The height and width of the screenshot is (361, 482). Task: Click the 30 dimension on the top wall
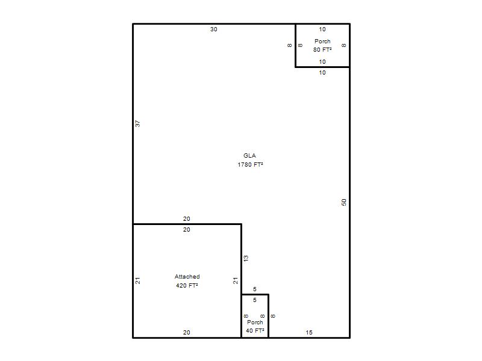214,29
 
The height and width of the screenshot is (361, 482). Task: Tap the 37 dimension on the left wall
138,123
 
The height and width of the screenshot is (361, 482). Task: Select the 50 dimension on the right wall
343,202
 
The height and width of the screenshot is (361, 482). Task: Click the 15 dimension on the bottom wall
309,333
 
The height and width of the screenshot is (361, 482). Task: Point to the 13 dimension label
246,259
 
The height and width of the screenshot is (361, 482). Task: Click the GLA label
249,156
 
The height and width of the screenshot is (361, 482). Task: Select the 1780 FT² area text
250,165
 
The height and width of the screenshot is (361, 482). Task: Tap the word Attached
187,277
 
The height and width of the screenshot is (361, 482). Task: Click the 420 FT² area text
187,286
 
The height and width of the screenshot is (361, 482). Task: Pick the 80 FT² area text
322,50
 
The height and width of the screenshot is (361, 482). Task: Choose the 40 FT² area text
255,331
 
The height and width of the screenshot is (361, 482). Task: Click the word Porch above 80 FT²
322,41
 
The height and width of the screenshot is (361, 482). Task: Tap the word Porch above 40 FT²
255,322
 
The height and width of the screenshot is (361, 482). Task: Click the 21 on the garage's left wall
138,280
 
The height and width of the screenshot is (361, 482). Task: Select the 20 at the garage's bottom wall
187,333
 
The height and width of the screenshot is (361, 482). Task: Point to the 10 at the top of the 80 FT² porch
322,29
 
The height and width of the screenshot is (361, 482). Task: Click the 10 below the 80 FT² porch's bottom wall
322,73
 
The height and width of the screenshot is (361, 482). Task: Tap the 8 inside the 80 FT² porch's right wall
343,46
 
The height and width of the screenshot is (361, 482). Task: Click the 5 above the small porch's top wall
254,289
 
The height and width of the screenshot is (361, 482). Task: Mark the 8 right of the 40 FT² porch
273,316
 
